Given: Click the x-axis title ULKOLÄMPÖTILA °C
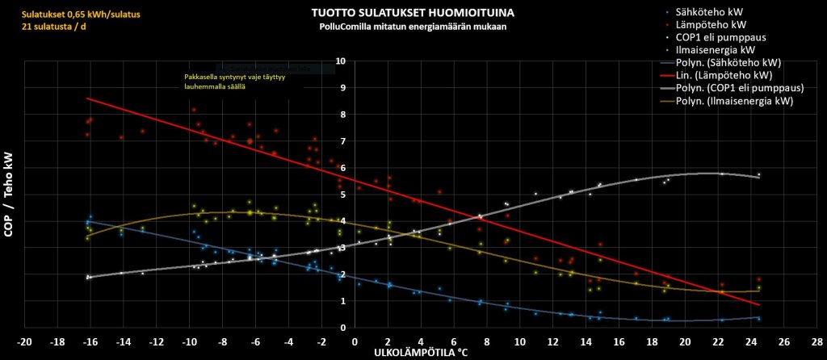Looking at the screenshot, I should (421, 354).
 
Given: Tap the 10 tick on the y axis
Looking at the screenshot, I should (341, 61).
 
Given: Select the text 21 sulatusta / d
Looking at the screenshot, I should (53, 27).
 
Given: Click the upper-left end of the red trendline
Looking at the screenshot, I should (87, 98).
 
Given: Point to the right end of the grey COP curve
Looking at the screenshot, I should (759, 177).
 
